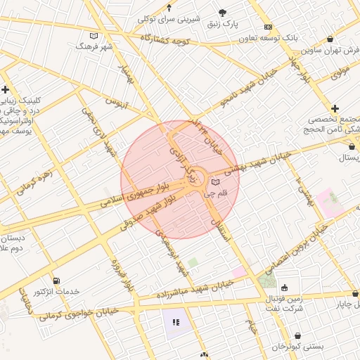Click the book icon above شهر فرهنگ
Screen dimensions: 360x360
(94, 35)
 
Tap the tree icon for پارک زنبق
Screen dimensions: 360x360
(223, 13)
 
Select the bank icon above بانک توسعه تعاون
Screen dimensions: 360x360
(268, 27)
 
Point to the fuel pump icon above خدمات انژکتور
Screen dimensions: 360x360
(56, 281)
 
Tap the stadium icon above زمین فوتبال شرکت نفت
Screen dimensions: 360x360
(284, 287)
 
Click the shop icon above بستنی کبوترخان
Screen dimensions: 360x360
(299, 335)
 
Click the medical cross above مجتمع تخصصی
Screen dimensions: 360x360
(335, 108)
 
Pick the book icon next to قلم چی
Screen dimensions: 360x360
(215, 183)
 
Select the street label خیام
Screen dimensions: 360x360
(251, 326)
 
